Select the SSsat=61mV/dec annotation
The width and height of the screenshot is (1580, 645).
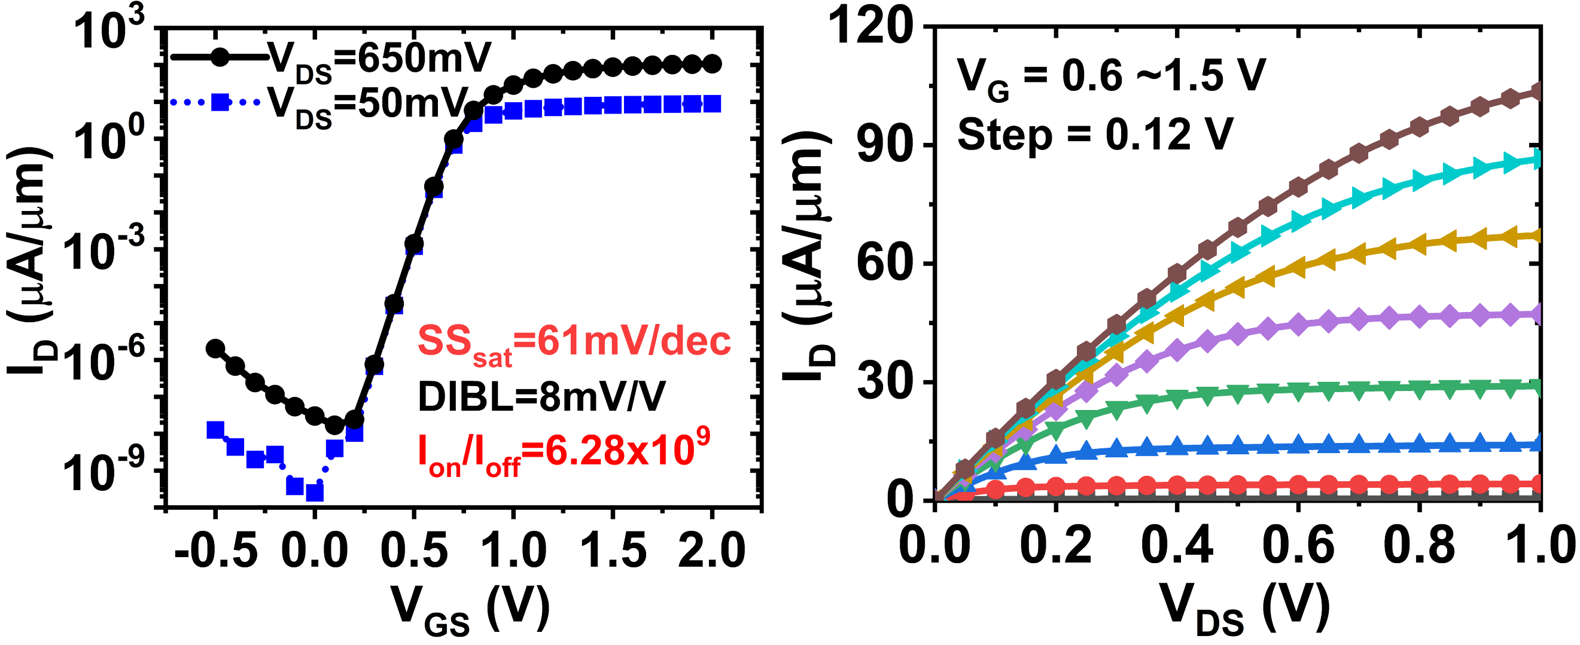click(x=574, y=343)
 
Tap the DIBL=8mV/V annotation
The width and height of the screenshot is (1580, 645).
click(x=541, y=398)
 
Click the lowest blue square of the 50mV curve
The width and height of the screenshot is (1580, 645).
click(x=315, y=492)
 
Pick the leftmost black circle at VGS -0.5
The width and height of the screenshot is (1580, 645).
click(x=215, y=349)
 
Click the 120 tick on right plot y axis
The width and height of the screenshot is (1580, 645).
click(x=871, y=27)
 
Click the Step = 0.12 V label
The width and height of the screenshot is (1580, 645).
click(x=1095, y=135)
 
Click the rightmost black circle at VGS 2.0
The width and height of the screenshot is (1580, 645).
click(x=711, y=64)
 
